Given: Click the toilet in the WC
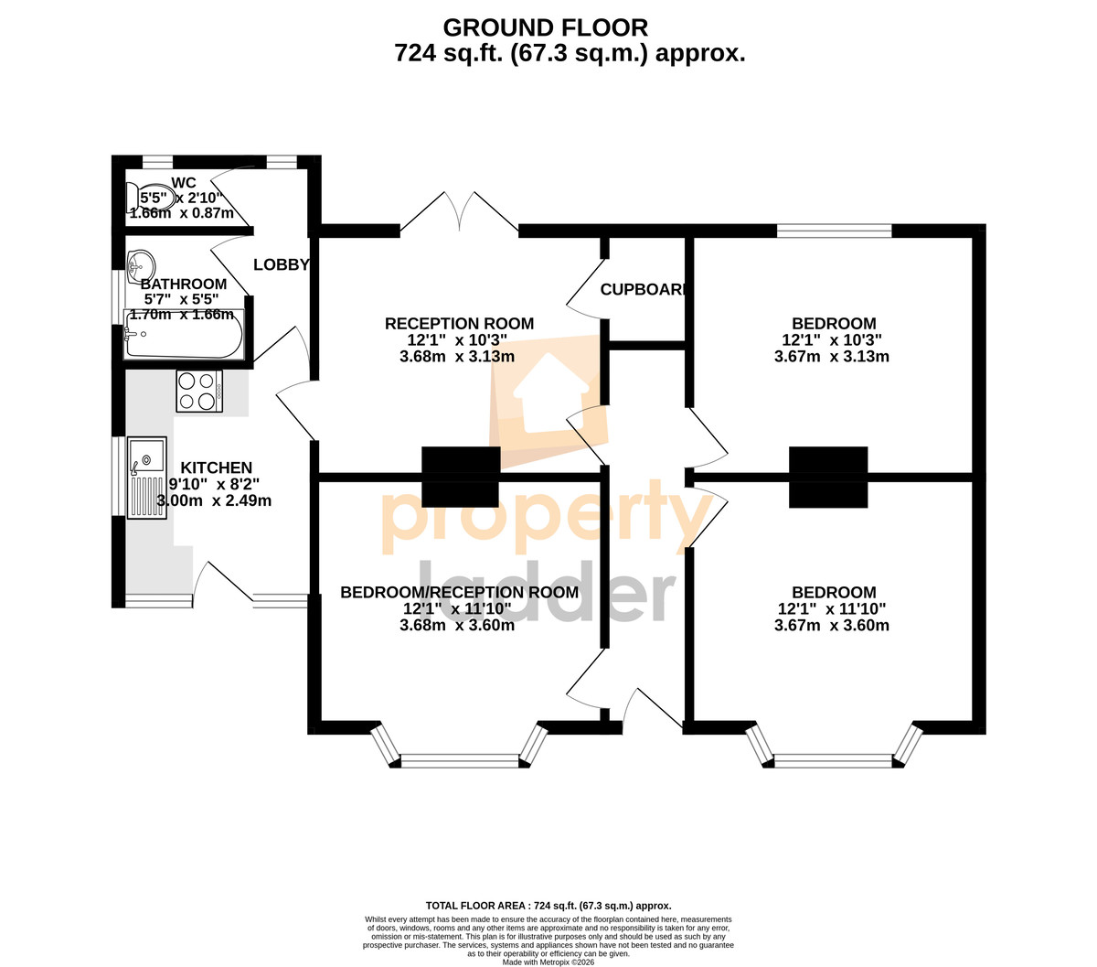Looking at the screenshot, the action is tap(150, 198).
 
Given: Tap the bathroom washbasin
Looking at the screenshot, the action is tap(142, 266).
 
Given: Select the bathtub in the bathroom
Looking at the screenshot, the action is tap(184, 333).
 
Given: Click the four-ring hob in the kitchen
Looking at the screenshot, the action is tap(198, 391).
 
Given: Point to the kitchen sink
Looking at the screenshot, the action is tap(147, 478).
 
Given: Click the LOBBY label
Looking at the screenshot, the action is tap(282, 264).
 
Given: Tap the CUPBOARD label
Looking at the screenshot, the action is tap(643, 289).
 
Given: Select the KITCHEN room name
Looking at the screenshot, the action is tap(216, 467).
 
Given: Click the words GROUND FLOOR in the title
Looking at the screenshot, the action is tap(545, 27).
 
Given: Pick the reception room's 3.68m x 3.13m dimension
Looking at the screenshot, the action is tap(457, 356).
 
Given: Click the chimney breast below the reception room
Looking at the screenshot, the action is tap(461, 477).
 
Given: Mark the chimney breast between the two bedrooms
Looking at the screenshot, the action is tap(828, 477).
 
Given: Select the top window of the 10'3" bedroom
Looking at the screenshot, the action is tap(834, 231).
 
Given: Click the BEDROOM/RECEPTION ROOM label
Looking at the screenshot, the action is tap(459, 593).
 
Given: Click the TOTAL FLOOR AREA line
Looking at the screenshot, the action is tap(548, 905).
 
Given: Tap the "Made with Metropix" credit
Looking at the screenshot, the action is tap(548, 962).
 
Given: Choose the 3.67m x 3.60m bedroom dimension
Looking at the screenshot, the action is tap(832, 625).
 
